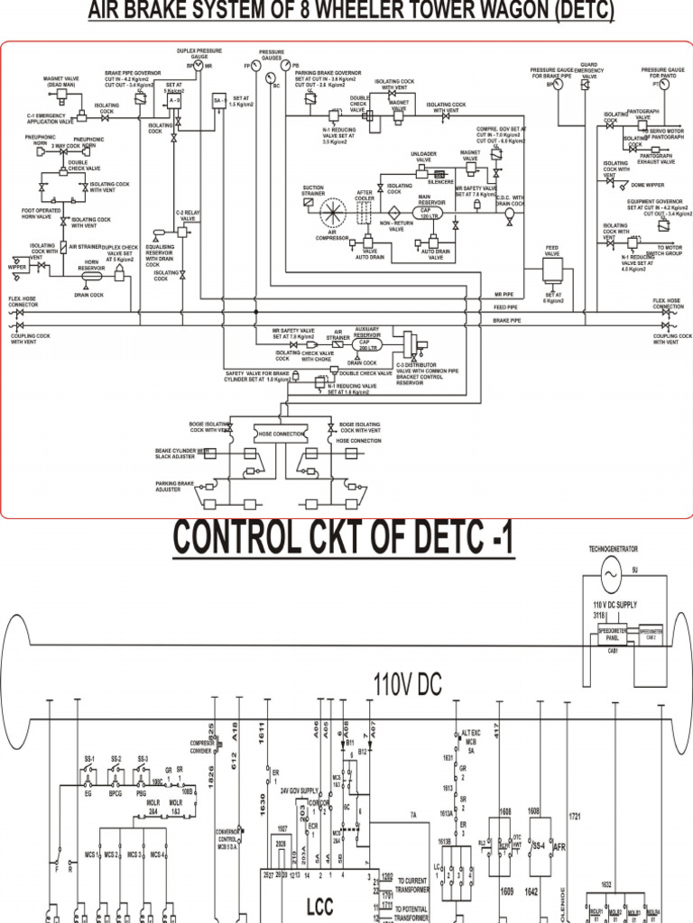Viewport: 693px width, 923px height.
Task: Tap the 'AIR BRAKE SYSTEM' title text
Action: coord(350,12)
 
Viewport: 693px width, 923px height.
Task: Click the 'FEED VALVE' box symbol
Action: coord(552,270)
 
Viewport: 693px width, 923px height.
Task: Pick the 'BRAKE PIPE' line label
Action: coord(507,319)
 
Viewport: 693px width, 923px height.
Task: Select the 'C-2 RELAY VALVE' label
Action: coord(187,215)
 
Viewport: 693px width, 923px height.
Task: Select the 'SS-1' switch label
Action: coord(89,759)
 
